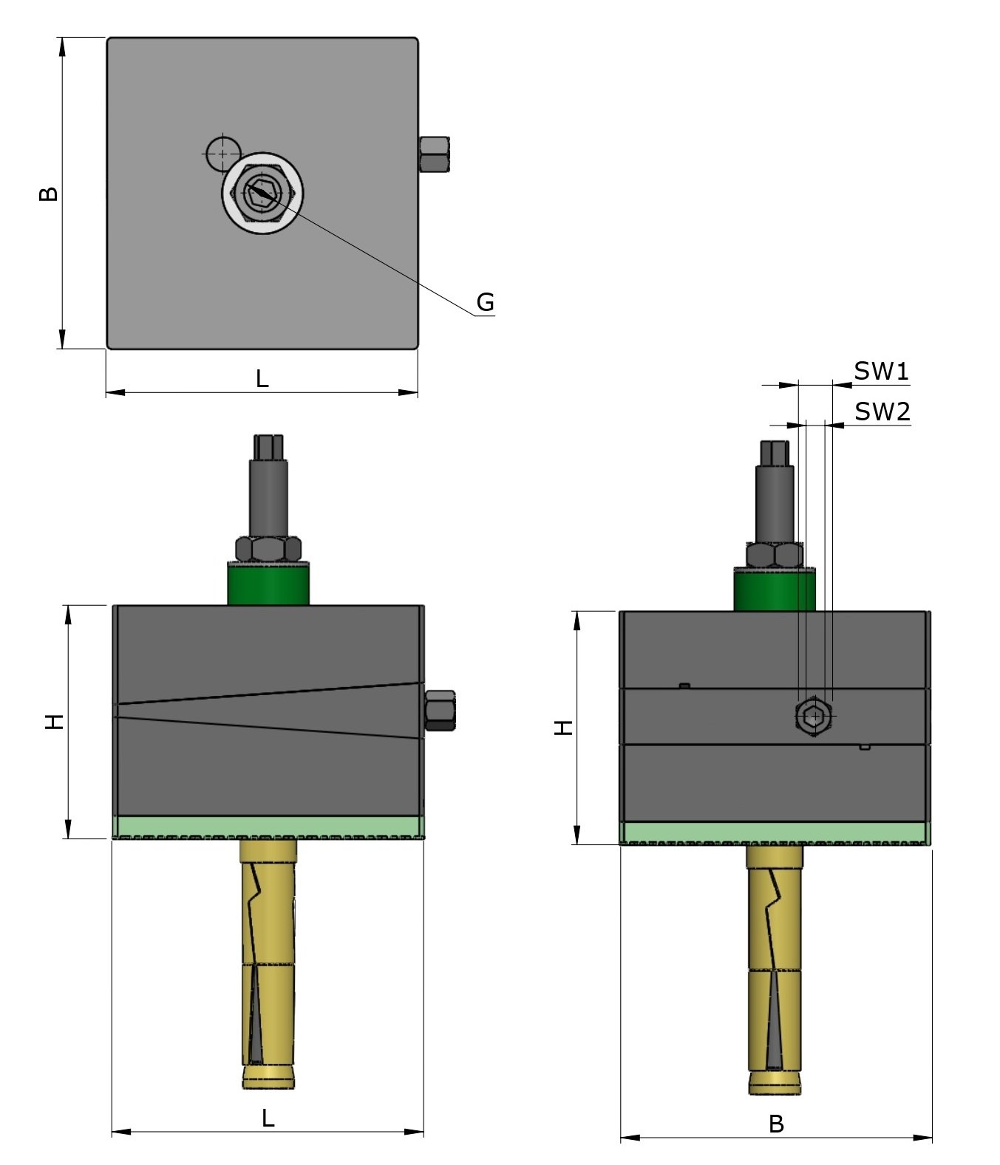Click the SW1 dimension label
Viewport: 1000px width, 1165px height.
[880, 372]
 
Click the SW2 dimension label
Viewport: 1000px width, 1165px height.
[882, 411]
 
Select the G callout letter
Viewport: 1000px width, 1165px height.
[485, 302]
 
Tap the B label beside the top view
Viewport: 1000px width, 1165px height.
[48, 194]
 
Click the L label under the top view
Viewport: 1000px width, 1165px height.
[262, 379]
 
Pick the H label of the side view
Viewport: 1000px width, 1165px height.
[564, 728]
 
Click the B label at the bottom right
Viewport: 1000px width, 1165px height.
[775, 1124]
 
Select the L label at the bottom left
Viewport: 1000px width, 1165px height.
[268, 1118]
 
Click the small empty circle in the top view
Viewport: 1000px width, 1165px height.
[222, 154]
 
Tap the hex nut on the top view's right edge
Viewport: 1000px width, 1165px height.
[434, 154]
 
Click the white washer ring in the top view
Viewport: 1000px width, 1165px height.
[262, 221]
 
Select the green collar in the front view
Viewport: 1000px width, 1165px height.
[268, 585]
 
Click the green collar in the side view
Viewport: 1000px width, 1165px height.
[773, 590]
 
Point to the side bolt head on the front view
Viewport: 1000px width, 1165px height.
[440, 710]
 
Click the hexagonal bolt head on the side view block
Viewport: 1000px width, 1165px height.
[814, 716]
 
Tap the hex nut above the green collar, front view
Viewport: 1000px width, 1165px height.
[268, 549]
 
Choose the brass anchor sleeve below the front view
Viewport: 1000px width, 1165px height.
[268, 960]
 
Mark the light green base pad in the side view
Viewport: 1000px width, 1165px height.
[773, 833]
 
